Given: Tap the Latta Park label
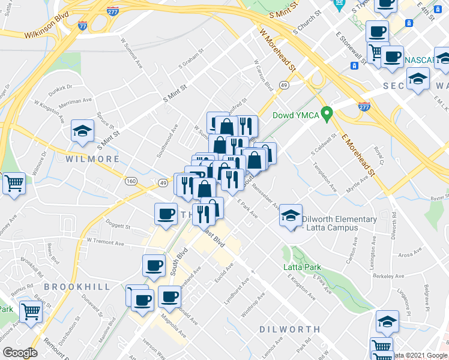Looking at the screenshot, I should [x=303, y=267].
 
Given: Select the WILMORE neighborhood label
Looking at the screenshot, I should [x=92, y=159].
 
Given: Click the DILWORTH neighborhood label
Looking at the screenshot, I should [x=290, y=329].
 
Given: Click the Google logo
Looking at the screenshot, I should [x=20, y=353].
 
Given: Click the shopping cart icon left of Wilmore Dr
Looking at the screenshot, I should [x=14, y=183].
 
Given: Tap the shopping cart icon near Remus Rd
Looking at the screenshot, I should [x=31, y=311].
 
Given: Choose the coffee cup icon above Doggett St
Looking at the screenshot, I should [x=166, y=214].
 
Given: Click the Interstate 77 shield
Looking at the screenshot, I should [x=82, y=25].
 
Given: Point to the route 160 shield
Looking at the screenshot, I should [x=131, y=181].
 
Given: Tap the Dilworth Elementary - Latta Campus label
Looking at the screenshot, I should [x=339, y=223].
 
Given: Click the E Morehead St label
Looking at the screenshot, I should [x=358, y=155].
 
